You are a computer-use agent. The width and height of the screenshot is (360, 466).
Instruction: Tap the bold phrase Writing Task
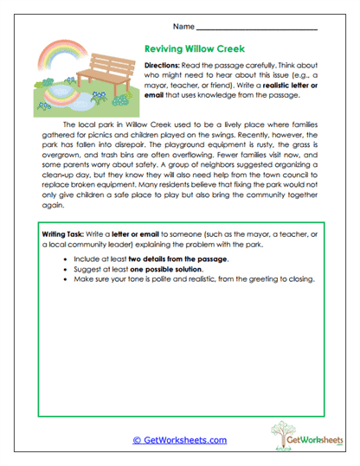point(69,235)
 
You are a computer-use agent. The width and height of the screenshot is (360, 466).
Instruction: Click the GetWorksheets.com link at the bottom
point(179,440)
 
